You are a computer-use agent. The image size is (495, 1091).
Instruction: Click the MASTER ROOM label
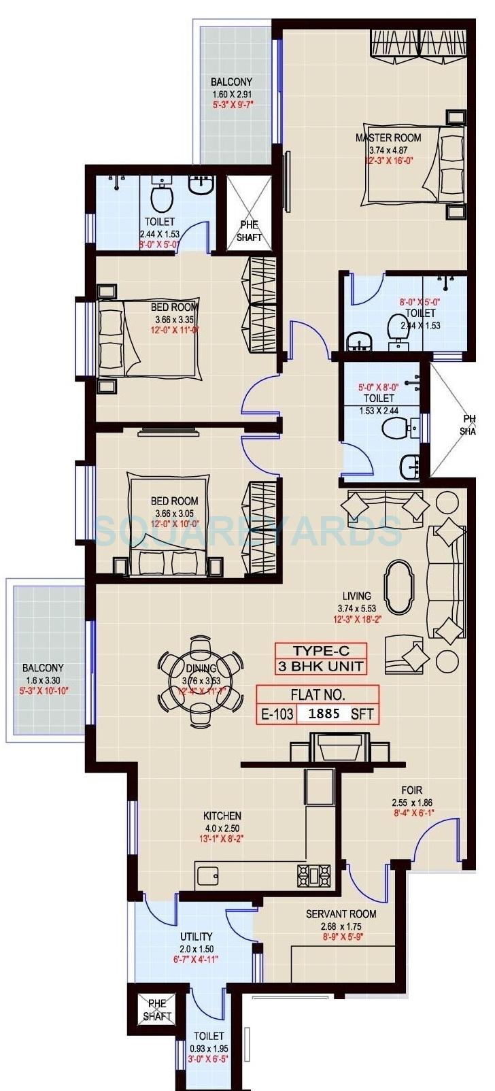[x=388, y=137]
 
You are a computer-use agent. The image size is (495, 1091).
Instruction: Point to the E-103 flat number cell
[x=277, y=714]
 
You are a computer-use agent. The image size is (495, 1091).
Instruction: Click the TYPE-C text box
[x=321, y=650]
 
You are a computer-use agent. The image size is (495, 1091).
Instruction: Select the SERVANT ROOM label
[x=341, y=913]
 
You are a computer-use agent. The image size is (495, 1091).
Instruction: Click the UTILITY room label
[x=196, y=937]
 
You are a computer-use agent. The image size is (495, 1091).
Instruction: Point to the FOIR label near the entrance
[x=411, y=790]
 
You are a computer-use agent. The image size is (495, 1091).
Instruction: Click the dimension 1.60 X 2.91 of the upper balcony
[x=231, y=94]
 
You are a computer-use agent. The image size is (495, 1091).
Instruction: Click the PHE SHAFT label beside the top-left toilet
[x=248, y=231]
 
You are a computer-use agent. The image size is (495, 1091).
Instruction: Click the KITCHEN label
[x=222, y=816]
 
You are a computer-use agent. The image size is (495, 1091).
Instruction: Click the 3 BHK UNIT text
[x=321, y=667]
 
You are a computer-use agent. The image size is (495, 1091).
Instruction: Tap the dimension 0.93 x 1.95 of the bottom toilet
[x=208, y=1047]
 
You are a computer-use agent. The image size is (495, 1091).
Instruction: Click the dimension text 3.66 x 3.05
[x=174, y=513]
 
